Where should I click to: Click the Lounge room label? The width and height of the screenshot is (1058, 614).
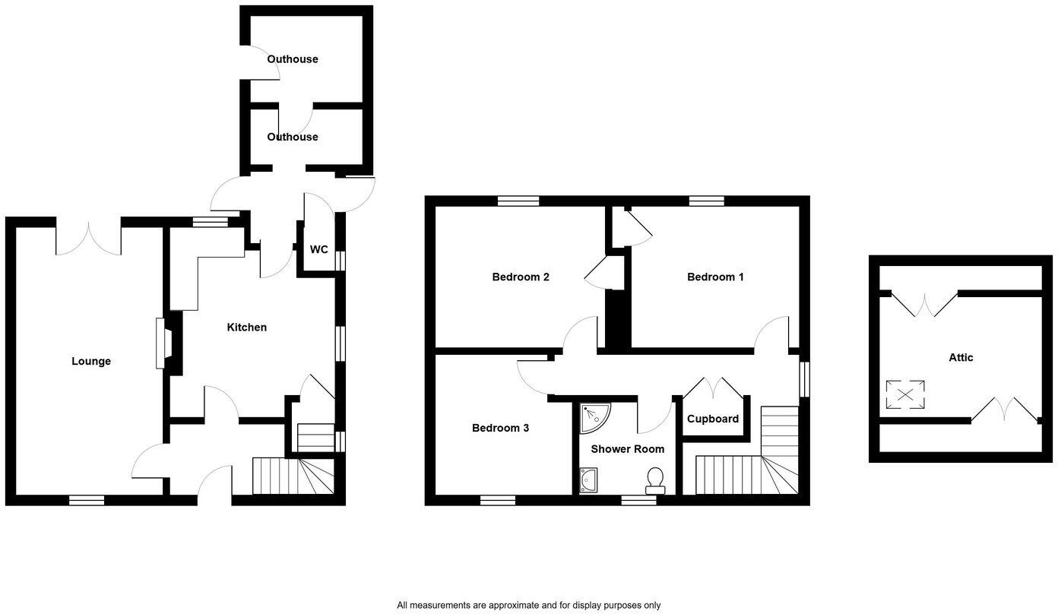91,362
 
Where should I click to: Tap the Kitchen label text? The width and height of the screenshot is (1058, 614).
247,328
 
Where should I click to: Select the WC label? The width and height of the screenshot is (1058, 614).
319,249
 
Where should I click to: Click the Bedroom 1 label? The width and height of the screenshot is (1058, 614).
715,277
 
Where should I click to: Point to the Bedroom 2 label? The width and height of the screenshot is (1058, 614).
521,277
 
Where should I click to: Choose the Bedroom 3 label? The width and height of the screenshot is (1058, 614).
500,429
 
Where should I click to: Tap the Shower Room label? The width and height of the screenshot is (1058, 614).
627,449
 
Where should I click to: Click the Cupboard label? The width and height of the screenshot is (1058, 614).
713,419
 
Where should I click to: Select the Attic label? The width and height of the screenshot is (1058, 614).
961,358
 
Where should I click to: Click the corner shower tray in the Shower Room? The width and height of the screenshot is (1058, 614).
594,415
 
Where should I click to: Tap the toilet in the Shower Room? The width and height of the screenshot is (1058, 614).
654,479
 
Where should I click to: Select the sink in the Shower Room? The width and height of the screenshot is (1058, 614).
589,480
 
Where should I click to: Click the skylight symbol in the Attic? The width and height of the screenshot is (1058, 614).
905,394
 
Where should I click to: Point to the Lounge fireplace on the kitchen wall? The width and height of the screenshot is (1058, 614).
162,343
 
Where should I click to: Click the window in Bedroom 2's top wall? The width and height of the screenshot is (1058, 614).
519,201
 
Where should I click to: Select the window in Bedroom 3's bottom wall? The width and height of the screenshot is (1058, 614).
498,500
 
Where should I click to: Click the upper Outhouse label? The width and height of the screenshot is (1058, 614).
293,59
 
